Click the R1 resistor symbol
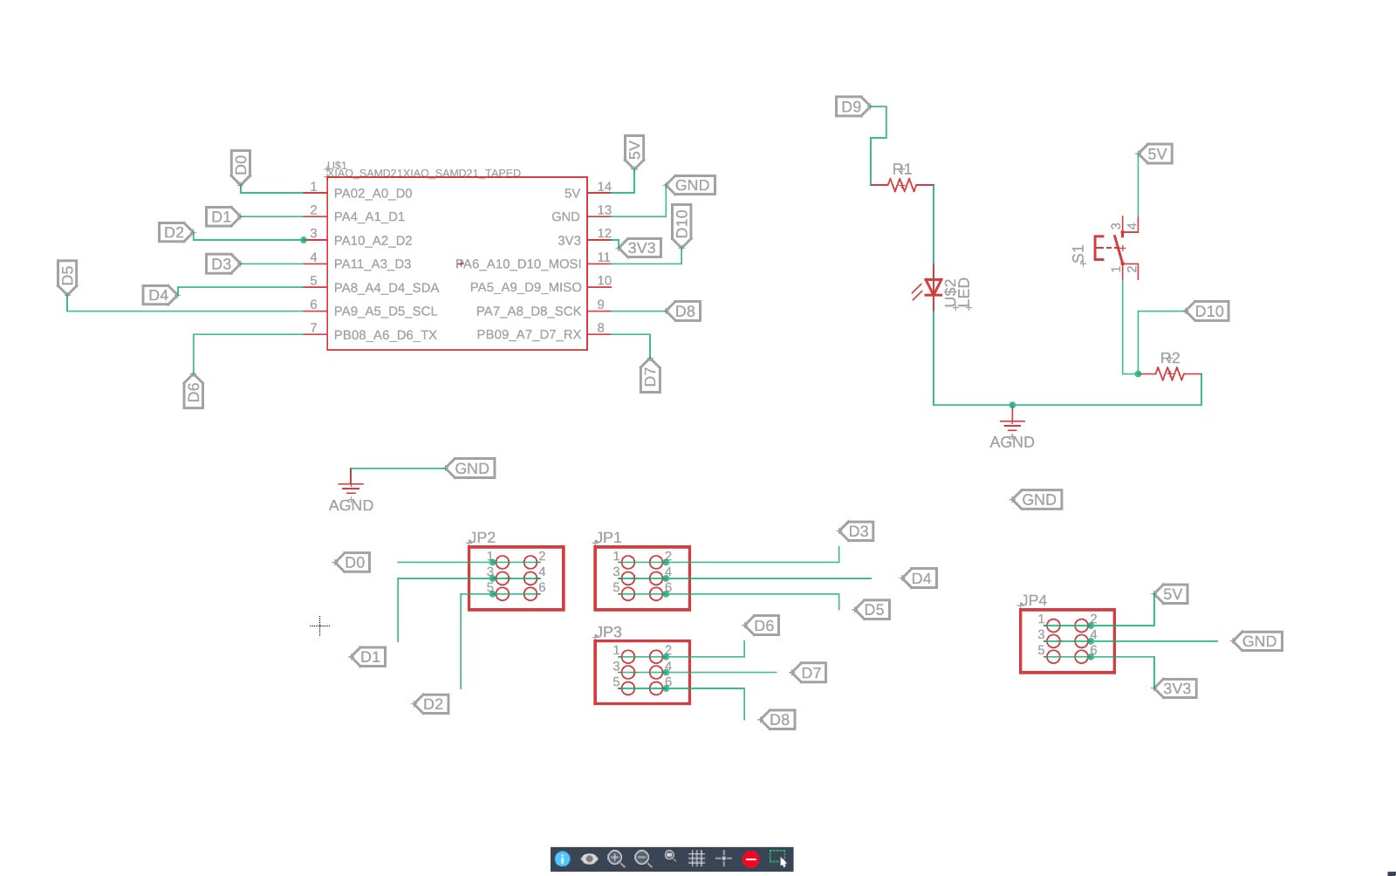tap(902, 185)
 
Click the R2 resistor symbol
tap(1170, 374)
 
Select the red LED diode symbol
tap(933, 287)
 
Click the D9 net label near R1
tap(851, 106)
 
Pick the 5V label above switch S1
tap(1156, 154)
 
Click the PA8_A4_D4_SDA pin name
tap(386, 288)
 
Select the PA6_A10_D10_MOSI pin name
tap(520, 264)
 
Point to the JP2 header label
tap(482, 537)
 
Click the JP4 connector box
tap(1067, 641)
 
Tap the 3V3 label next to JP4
tap(1176, 688)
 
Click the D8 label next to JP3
tap(778, 720)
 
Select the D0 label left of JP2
tap(354, 563)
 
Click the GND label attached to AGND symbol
tap(471, 469)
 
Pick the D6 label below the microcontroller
tap(194, 392)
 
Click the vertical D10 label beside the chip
tap(682, 224)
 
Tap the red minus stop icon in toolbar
tap(750, 859)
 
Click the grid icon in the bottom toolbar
tap(696, 859)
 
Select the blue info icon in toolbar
tap(563, 859)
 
